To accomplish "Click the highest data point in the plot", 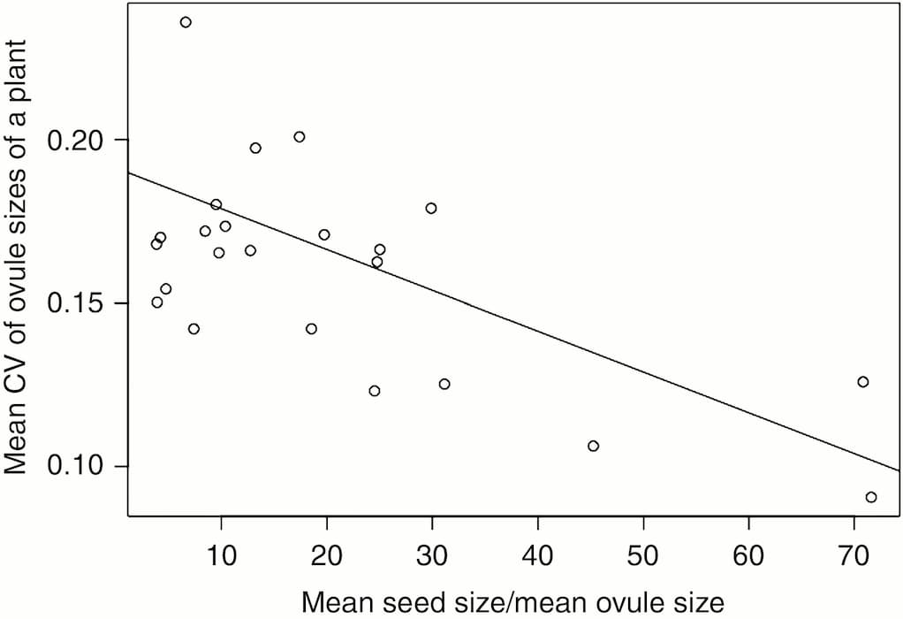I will pyautogui.click(x=186, y=22).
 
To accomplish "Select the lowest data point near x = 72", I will pyautogui.click(x=871, y=497).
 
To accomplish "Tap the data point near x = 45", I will pyautogui.click(x=593, y=446).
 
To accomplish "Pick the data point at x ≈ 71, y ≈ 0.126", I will pyautogui.click(x=863, y=382).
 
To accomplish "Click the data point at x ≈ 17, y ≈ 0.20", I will pyautogui.click(x=300, y=137).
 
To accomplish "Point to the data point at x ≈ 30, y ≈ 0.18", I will pyautogui.click(x=431, y=209).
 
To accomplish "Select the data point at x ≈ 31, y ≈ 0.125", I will pyautogui.click(x=444, y=384).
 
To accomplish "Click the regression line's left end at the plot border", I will pyautogui.click(x=129, y=172).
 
